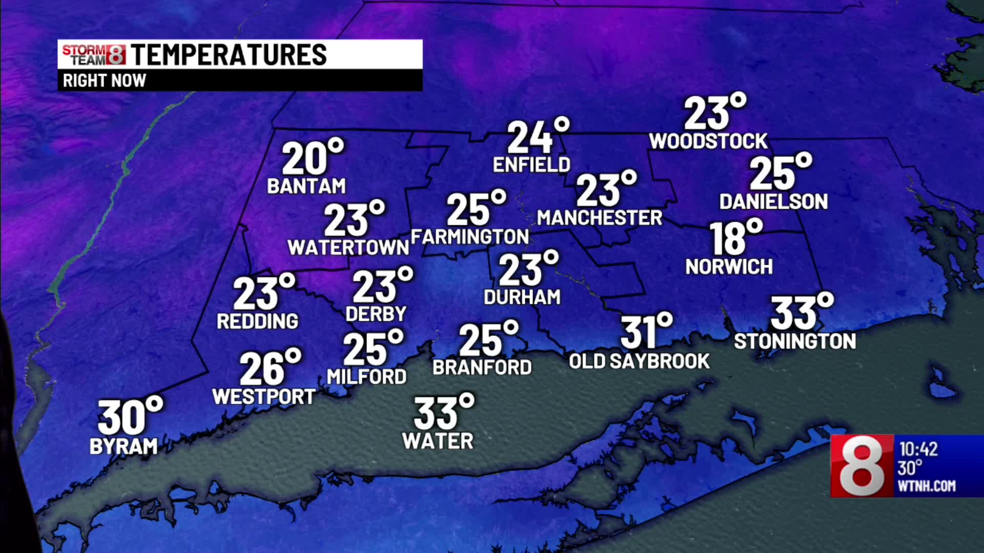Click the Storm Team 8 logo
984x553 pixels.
point(94,55)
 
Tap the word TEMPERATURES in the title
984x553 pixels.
point(229,55)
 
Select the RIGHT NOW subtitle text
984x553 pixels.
point(105,81)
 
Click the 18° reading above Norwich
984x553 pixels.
point(734,238)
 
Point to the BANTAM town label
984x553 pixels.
point(306,186)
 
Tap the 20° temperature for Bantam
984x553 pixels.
point(311,158)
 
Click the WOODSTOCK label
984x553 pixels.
point(708,141)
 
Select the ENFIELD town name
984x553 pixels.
point(531,165)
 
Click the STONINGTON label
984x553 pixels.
point(795,342)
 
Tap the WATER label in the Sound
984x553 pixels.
point(438,441)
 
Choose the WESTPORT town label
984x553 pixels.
point(264,397)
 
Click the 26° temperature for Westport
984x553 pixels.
point(269,368)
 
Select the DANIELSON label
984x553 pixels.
point(773,202)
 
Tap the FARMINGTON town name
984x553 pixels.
point(470,237)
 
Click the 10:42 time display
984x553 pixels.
point(918,450)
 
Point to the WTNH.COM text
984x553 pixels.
point(927,486)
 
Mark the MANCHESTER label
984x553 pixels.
point(600,218)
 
